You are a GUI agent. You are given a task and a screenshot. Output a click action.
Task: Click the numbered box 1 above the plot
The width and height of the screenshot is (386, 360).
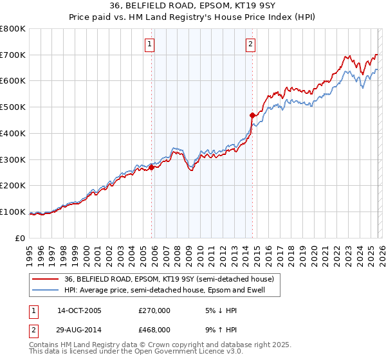149,44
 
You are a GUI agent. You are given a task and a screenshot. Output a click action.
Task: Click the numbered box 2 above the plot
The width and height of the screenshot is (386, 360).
250,44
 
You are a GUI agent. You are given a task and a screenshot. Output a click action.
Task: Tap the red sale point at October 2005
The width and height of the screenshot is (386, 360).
152,167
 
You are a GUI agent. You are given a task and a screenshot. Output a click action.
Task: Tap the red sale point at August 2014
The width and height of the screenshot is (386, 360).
252,115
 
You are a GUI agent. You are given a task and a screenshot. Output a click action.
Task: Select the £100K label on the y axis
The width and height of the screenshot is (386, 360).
13,212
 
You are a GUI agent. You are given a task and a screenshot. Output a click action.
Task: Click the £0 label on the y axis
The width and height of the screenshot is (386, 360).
19,239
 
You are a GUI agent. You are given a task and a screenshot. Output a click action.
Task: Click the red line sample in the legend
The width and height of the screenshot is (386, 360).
46,279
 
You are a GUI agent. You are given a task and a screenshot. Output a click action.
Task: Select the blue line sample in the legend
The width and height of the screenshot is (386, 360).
46,290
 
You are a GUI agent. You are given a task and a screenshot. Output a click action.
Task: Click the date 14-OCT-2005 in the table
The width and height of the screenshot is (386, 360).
79,310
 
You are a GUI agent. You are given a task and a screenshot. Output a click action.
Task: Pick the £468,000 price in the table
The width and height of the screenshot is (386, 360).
154,329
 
